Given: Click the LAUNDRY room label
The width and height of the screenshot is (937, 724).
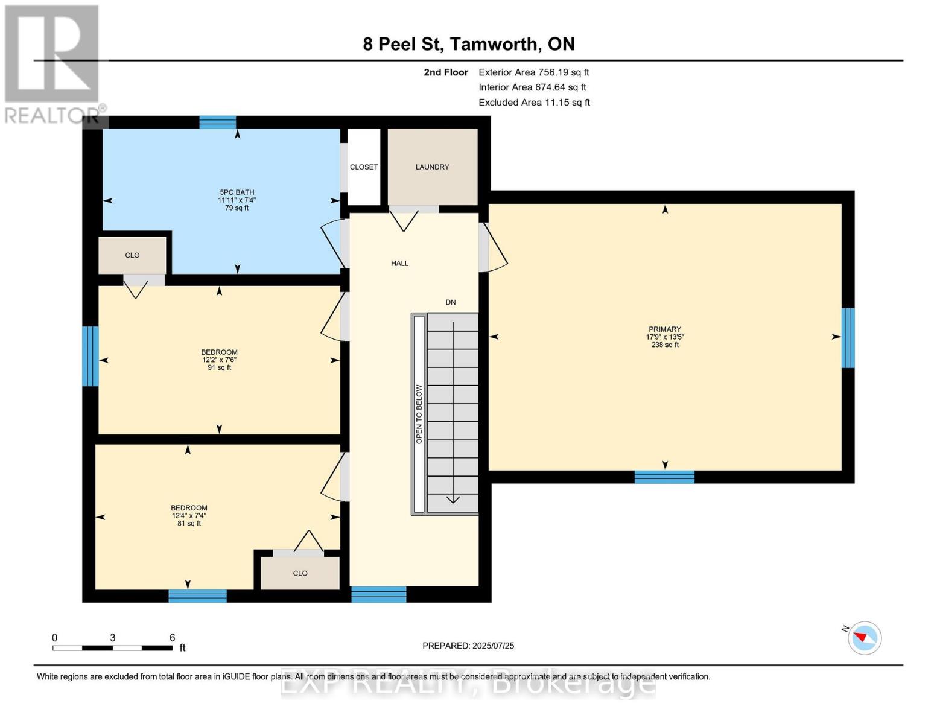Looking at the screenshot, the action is pos(432,167).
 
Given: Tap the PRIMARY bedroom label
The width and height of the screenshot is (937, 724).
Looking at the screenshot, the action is pos(664,329).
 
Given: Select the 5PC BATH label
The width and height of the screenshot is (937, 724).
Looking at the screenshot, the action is pos(237,192).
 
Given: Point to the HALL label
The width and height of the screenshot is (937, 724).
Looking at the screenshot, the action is pos(400,263).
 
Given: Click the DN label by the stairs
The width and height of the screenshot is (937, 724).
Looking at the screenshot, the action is pos(451,302).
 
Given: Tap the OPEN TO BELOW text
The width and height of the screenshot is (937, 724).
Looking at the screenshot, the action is pos(419,414).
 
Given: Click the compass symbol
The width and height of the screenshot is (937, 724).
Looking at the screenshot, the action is pos(864,638).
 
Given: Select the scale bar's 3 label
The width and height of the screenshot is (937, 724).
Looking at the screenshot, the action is pos(113,637).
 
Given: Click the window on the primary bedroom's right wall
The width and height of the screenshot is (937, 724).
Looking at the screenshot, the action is pos(848,338).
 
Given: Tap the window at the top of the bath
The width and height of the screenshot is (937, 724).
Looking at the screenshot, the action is pos(217,122).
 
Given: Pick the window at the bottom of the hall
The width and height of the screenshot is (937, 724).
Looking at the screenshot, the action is pos(378,594).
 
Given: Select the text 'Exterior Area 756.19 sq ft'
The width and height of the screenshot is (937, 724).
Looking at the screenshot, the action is pos(533,72).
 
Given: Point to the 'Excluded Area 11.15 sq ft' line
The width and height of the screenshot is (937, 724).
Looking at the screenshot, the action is pos(534,103).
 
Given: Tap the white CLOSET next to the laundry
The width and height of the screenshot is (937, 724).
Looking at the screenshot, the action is pos(364,167).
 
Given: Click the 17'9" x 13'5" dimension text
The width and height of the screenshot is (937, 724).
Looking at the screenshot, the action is pos(664,337).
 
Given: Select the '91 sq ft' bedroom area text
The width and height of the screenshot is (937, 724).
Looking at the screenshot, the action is pos(220,367).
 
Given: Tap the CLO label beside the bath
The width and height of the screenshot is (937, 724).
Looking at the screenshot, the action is pos(132,255).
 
